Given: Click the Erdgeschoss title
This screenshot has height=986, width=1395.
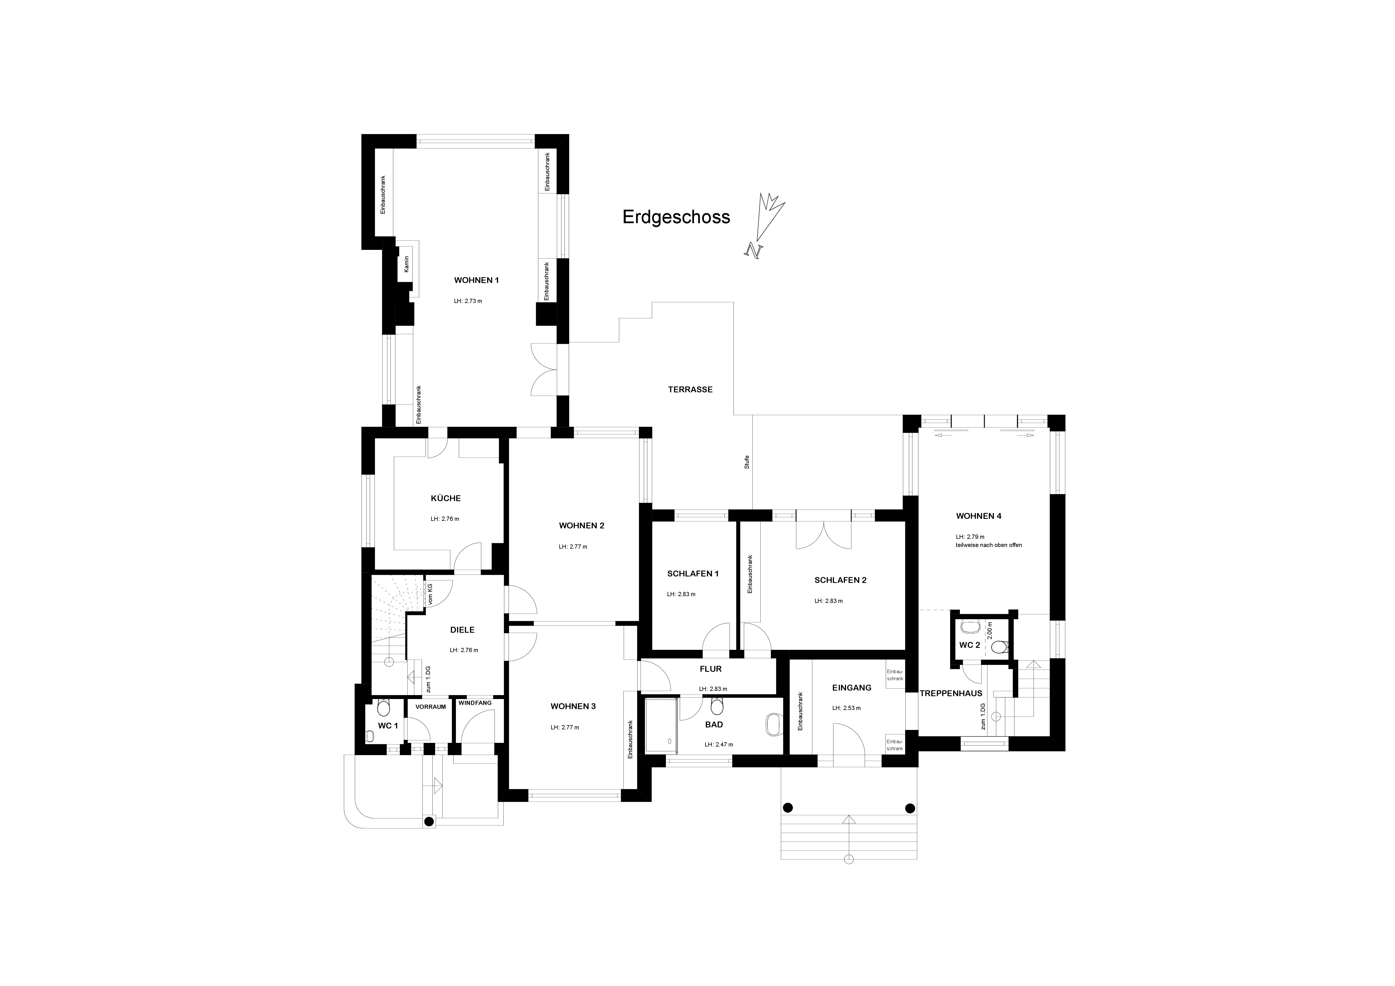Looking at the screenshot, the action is coord(676,217).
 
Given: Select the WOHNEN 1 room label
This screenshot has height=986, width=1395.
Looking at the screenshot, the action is coord(476,280).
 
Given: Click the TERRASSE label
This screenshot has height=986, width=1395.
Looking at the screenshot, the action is coord(690,389).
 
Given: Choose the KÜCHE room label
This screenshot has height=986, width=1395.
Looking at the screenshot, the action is coord(446,498).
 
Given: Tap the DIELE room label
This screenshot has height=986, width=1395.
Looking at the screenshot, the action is coord(462,630).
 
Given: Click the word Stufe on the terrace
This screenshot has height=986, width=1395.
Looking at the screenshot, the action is coord(747,462).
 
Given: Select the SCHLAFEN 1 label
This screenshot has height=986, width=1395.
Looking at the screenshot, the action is coord(693,573).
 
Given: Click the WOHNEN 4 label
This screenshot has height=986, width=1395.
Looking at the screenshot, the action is coord(979,516).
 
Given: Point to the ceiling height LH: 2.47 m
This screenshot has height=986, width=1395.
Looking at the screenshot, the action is coord(719,744).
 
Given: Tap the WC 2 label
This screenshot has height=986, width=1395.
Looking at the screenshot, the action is coord(969,645).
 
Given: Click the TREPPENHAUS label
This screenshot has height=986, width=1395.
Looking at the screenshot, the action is coord(951,693).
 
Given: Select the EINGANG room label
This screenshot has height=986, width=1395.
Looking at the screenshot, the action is coord(852,688).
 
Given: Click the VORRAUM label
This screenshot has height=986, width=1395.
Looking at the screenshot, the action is coord(431,707).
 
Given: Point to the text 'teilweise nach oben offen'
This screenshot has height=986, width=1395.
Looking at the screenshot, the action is coord(989,545).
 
